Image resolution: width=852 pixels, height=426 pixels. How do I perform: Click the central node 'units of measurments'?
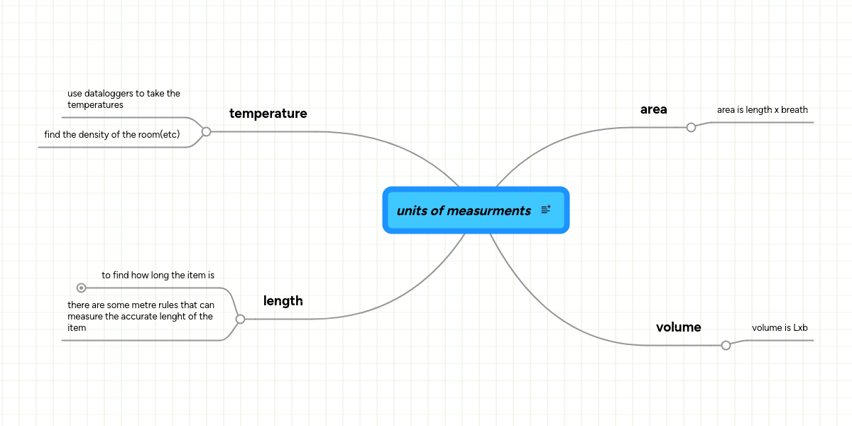(464, 211)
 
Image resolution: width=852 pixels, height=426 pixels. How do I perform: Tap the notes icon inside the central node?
(546, 209)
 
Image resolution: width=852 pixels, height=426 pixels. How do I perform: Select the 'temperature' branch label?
(268, 114)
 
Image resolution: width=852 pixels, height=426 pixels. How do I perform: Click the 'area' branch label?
(653, 109)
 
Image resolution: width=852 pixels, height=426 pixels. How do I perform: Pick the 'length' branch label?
(283, 301)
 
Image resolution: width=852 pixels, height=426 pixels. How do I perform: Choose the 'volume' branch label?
(678, 327)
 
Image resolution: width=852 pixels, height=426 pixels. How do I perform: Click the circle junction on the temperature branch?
(206, 131)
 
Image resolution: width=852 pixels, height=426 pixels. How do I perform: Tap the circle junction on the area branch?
(691, 127)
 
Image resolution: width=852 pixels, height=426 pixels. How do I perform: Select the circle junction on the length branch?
(240, 319)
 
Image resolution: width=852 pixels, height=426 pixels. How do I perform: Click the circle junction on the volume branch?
(726, 345)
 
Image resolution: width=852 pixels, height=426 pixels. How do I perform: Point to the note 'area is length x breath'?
(762, 110)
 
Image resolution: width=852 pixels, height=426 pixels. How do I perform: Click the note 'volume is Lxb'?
(780, 328)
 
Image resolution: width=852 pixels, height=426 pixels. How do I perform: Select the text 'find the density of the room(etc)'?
(111, 134)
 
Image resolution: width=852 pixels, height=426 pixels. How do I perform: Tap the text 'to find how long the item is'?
(158, 275)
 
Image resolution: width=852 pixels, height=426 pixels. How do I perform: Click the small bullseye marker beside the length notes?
(81, 288)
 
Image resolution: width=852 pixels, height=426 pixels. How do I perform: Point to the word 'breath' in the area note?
(794, 110)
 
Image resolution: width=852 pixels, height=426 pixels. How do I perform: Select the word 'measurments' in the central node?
(489, 211)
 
